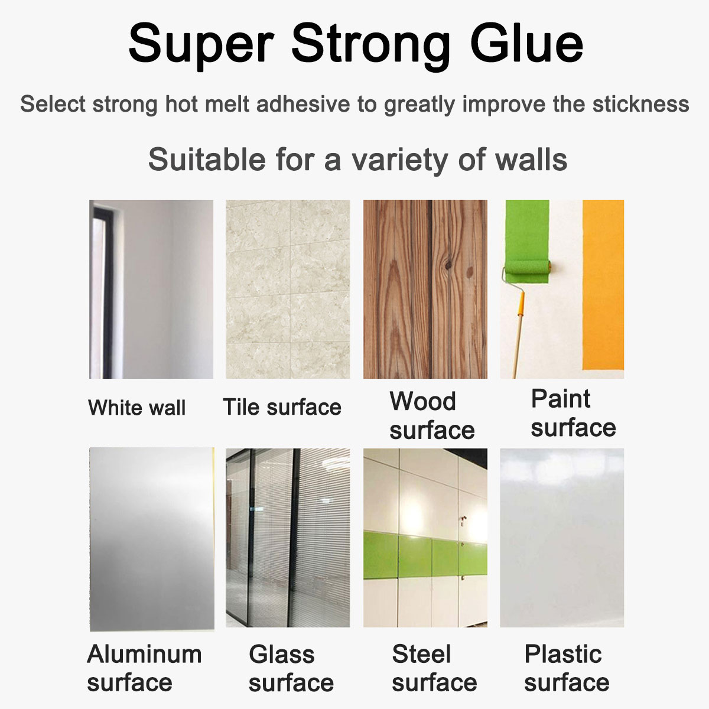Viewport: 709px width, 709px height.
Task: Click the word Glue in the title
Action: pyautogui.click(x=526, y=44)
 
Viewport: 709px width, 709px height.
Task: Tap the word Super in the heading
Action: pyautogui.click(x=201, y=46)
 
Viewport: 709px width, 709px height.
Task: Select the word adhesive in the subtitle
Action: pyautogui.click(x=303, y=104)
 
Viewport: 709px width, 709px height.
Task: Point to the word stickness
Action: pyautogui.click(x=640, y=104)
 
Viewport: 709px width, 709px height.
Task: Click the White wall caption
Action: pyautogui.click(x=137, y=407)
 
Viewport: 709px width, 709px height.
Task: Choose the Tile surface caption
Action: pyautogui.click(x=282, y=407)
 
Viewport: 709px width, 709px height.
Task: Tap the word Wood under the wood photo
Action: pyautogui.click(x=423, y=401)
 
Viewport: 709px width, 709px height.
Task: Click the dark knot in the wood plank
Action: pyautogui.click(x=448, y=265)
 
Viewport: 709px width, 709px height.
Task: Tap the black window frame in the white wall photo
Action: pyautogui.click(x=107, y=291)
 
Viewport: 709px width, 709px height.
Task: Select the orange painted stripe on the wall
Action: pyautogui.click(x=603, y=285)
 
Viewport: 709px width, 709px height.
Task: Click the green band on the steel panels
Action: pyautogui.click(x=425, y=555)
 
